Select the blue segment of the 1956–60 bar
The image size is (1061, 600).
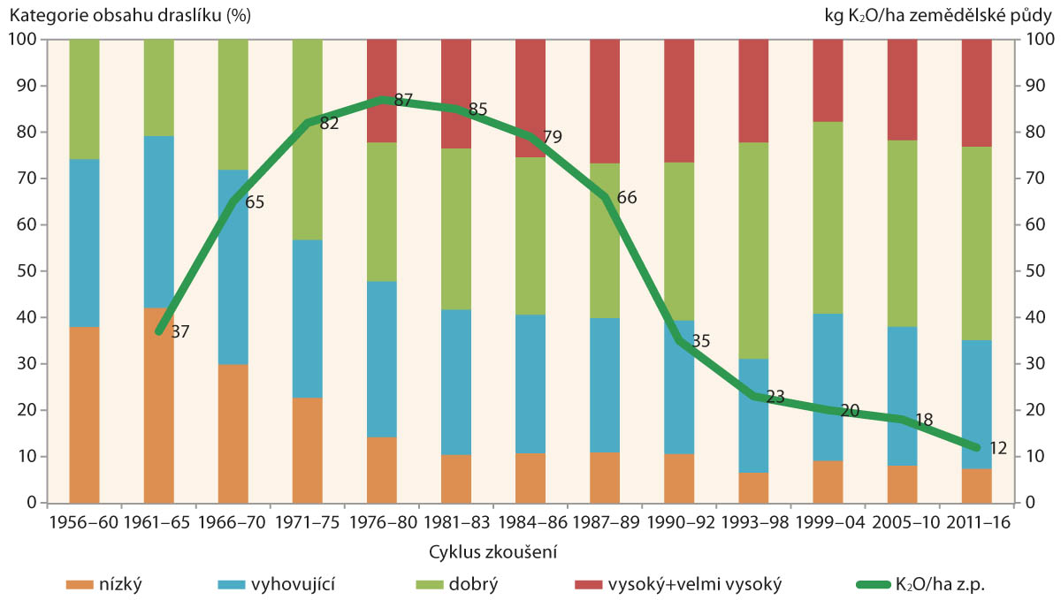point(84,243)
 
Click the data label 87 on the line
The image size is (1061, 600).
point(403,100)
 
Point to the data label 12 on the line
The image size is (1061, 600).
point(997,448)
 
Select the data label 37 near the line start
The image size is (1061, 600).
point(179,332)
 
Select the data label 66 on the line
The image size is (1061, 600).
point(626,196)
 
